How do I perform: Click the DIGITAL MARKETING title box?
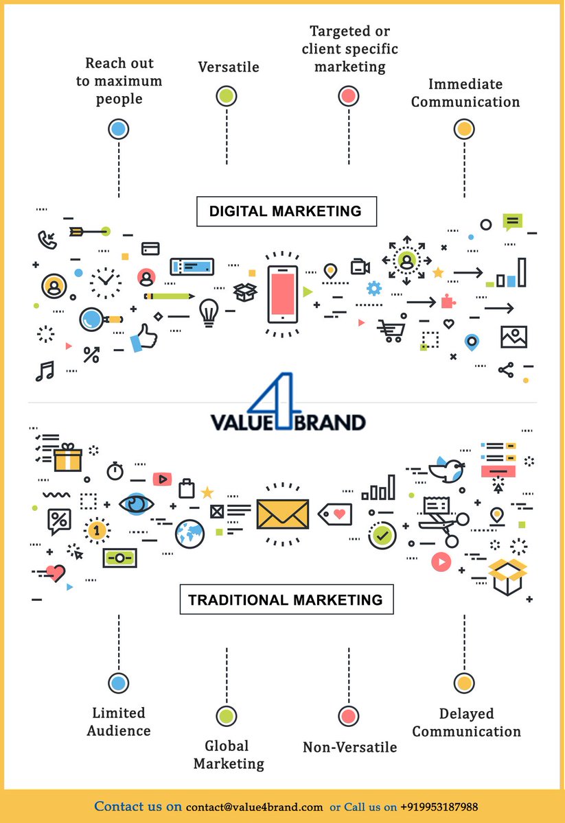(286, 211)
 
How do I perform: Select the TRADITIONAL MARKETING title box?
(286, 599)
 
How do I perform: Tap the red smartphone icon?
(282, 294)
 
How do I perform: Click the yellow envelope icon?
(282, 513)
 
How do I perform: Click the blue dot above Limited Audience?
(119, 682)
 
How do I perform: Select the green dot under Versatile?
(227, 96)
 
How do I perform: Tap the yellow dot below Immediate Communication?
(464, 129)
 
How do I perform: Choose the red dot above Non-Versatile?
(349, 715)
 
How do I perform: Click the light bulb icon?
(208, 312)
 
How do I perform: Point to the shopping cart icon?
(390, 331)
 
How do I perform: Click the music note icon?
(45, 371)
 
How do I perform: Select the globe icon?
(189, 534)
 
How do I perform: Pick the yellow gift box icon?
(67, 457)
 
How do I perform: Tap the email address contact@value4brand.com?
(254, 807)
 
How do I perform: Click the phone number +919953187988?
(439, 807)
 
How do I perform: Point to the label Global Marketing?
(229, 754)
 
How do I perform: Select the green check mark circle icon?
(382, 534)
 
